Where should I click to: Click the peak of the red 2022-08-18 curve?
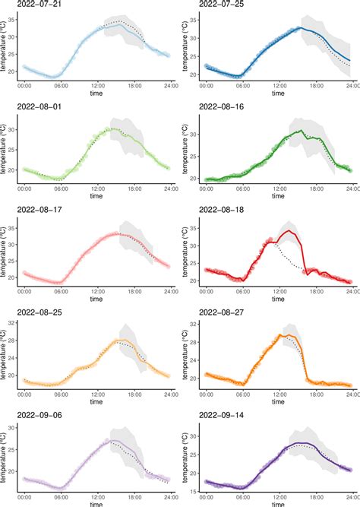(x=289, y=231)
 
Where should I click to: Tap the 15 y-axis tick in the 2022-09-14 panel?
(x=194, y=491)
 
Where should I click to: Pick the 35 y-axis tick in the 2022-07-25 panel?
(x=194, y=18)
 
